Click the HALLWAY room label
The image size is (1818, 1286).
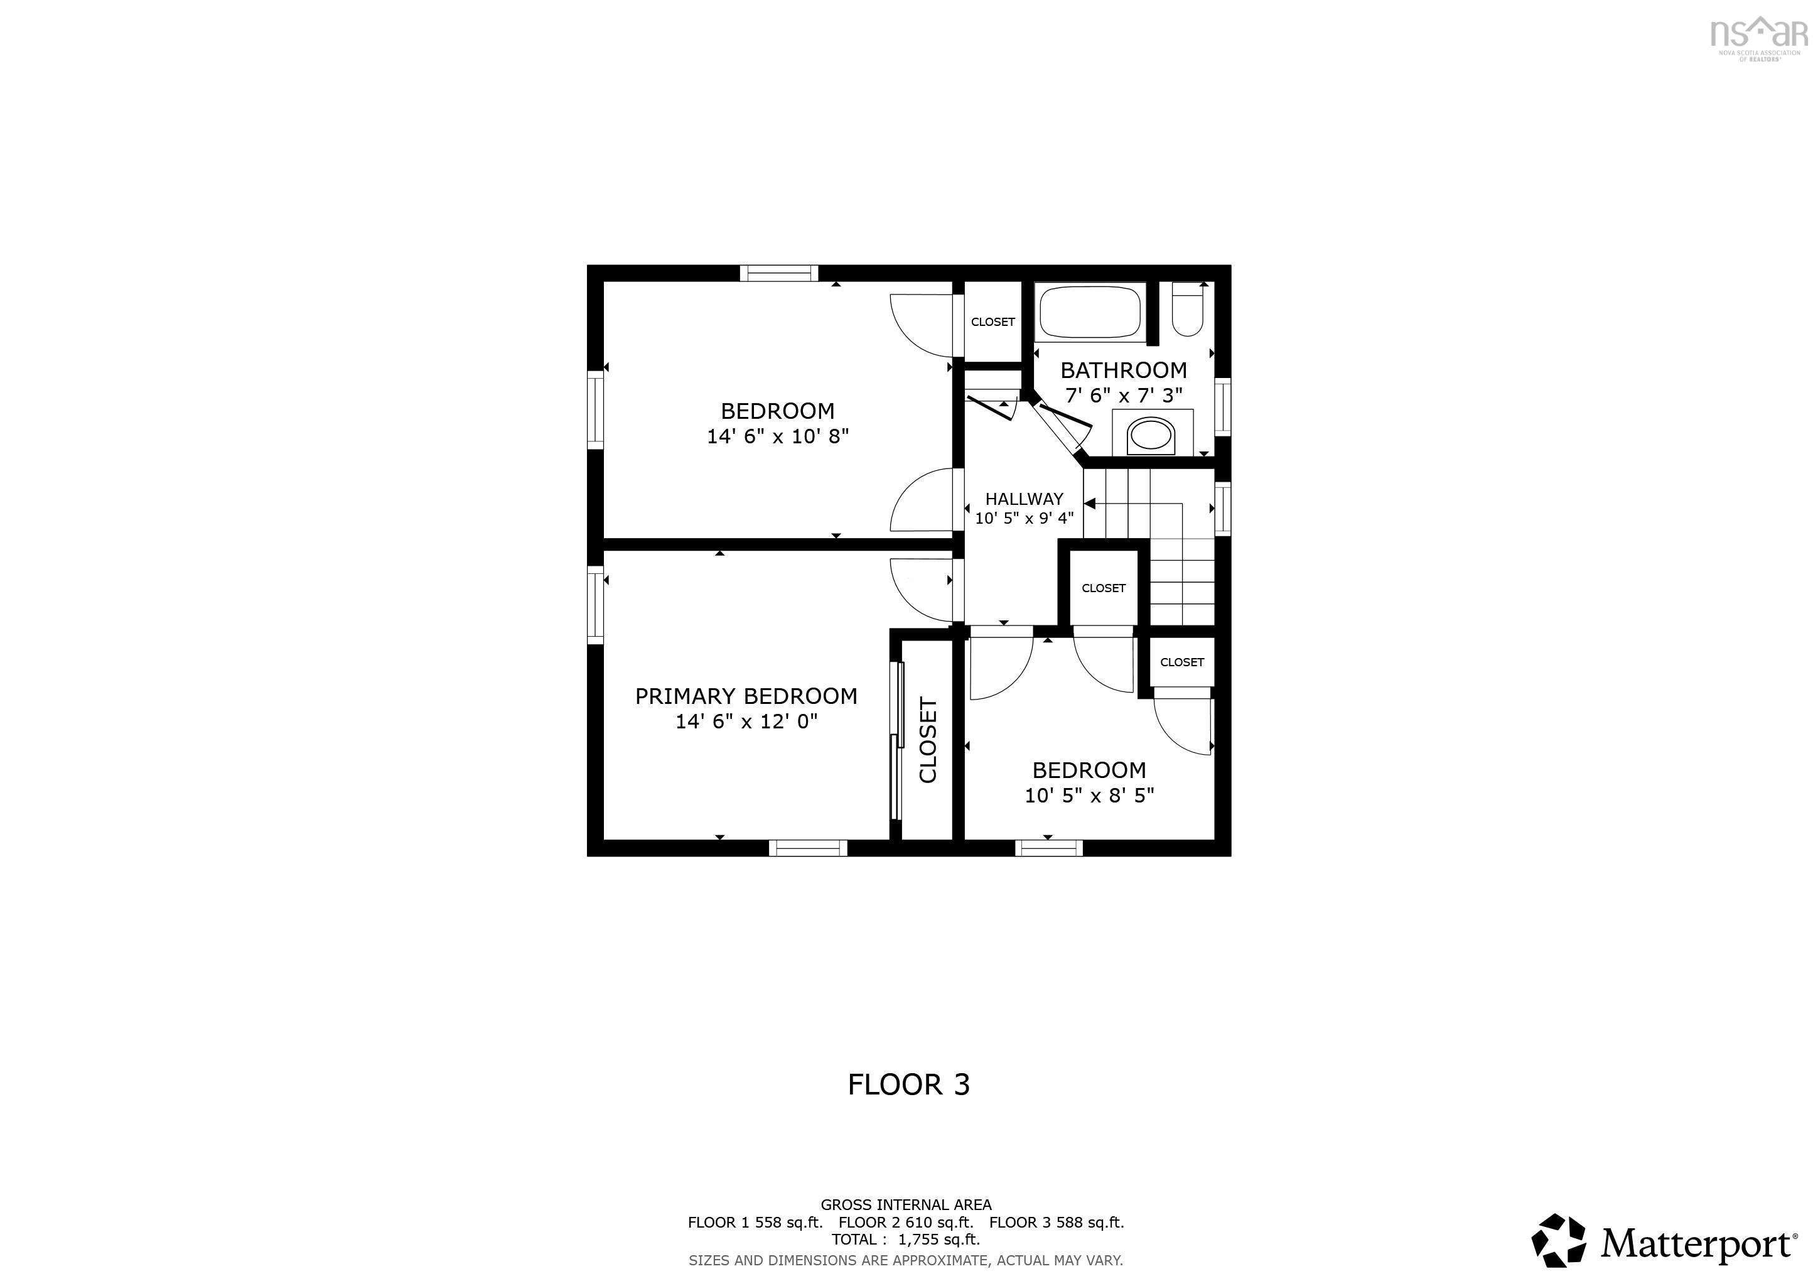1024,499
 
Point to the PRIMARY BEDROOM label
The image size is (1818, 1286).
746,696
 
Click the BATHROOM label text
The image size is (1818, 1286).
1124,370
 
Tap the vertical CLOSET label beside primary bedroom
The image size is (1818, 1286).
928,740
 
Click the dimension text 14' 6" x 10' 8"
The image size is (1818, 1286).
778,436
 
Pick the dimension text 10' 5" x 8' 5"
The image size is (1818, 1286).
1089,795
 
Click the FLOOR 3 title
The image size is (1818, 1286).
908,1084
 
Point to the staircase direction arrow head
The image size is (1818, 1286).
1090,504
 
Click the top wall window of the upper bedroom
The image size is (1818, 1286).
779,273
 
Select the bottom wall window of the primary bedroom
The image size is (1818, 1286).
808,848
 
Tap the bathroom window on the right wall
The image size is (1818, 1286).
1224,407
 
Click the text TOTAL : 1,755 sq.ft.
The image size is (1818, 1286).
906,1240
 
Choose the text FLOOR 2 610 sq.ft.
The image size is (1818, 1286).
906,1222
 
